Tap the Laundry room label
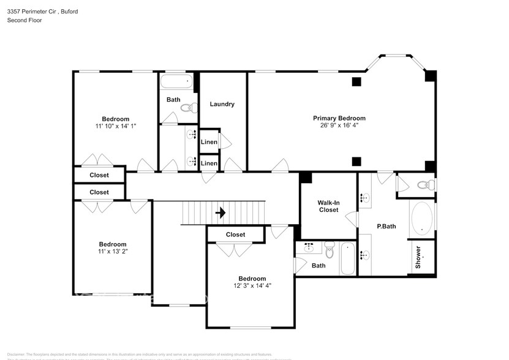222,104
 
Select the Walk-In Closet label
328,206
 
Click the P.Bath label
386,227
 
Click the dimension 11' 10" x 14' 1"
115,126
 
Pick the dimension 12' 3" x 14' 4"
252,285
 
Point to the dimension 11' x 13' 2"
113,251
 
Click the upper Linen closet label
208,143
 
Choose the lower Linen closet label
208,163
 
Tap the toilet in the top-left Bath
187,108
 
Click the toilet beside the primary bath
424,185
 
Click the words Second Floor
24,20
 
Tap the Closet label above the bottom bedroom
235,234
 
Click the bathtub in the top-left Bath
176,81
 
